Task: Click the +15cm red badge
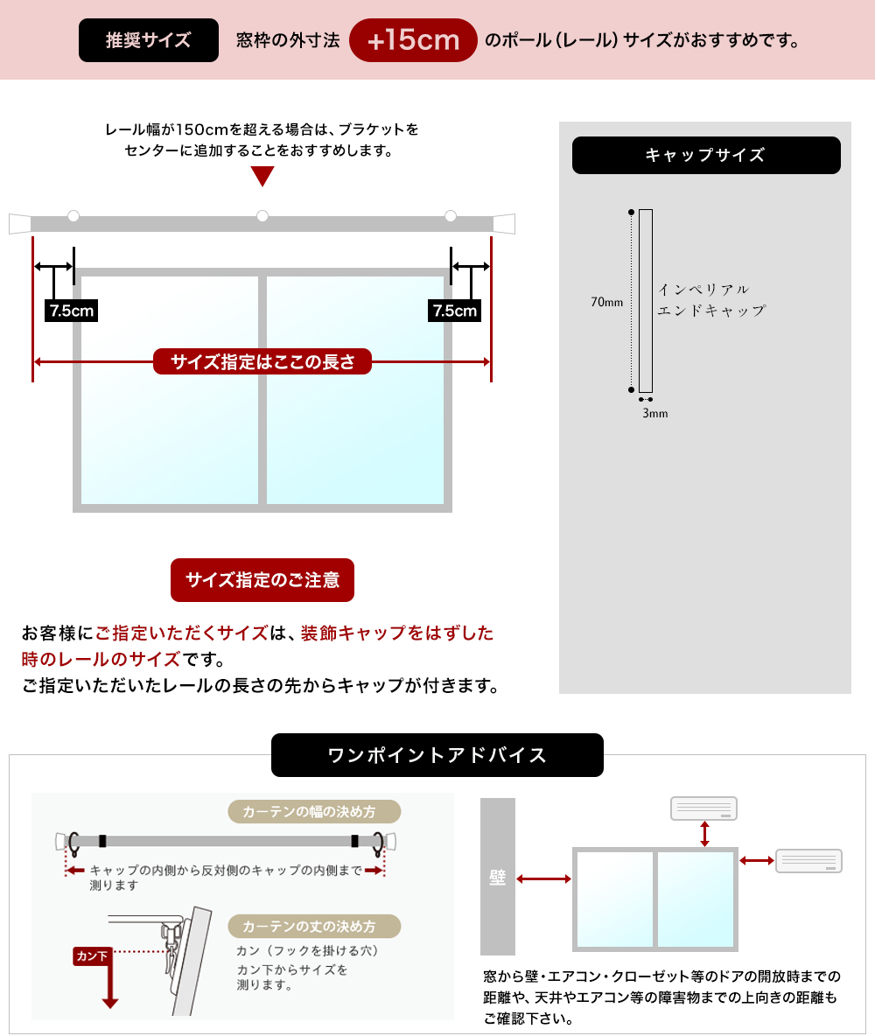[x=413, y=40]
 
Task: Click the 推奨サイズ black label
[x=148, y=40]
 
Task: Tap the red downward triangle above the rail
[x=262, y=176]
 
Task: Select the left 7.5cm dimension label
[x=71, y=311]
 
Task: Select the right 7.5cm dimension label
[x=454, y=311]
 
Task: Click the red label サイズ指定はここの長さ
[x=262, y=361]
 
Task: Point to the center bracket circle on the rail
[x=262, y=216]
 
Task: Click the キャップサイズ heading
[x=705, y=156]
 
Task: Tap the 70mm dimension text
[x=606, y=303]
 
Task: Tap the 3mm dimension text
[x=654, y=413]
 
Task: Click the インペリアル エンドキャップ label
[x=710, y=299]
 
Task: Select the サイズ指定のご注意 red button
[x=262, y=580]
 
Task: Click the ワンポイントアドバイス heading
[x=437, y=755]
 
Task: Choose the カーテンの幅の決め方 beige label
[x=313, y=812]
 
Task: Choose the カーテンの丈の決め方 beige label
[x=313, y=926]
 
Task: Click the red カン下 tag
[x=93, y=956]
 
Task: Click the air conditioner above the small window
[x=703, y=808]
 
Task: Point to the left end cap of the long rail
[x=19, y=223]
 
